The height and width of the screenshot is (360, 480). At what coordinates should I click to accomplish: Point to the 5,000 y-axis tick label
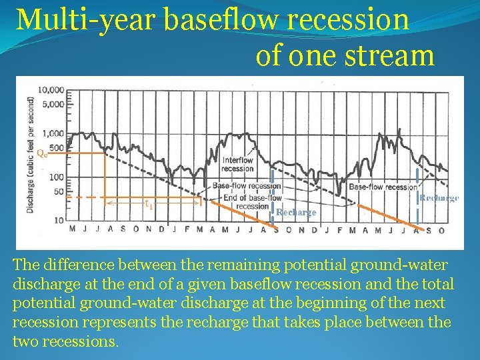[x=52, y=104]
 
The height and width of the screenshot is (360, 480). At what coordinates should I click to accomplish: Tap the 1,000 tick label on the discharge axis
[x=52, y=133]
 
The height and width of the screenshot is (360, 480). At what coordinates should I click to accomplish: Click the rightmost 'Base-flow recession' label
[x=383, y=187]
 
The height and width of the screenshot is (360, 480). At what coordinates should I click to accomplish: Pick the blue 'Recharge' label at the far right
[x=439, y=198]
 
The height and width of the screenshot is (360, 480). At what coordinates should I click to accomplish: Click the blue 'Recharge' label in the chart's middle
[x=296, y=213]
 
